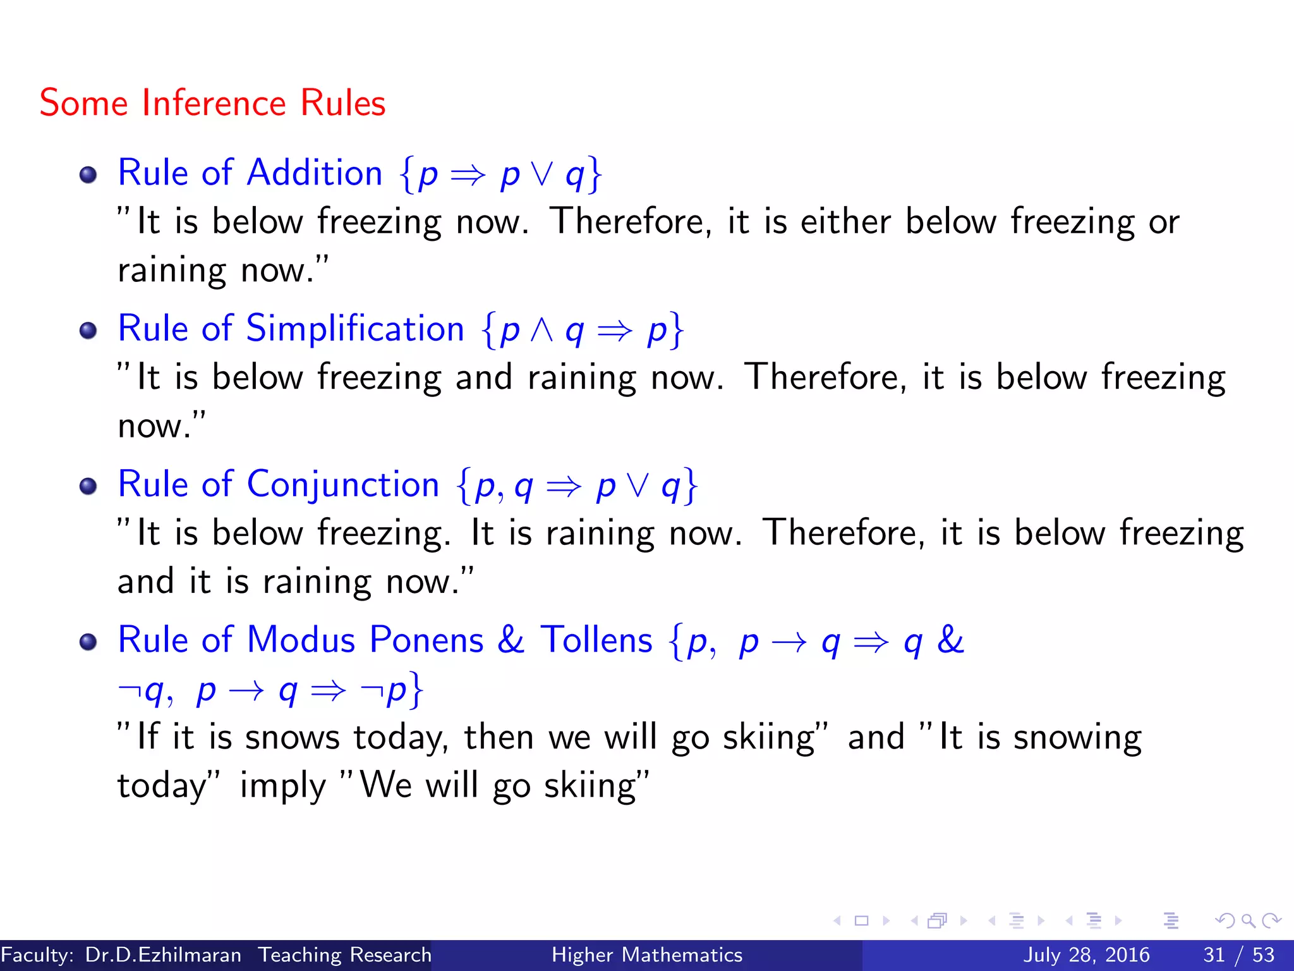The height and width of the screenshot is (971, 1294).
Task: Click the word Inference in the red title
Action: [214, 103]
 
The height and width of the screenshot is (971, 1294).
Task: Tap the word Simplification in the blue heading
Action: [354, 329]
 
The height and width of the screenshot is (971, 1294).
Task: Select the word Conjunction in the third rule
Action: [342, 484]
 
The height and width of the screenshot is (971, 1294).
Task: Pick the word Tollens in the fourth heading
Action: [596, 640]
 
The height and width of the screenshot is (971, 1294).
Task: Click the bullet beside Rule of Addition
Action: [88, 174]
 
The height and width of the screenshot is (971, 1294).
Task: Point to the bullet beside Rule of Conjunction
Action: [88, 486]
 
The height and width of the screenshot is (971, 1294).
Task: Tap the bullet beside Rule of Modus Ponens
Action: [88, 642]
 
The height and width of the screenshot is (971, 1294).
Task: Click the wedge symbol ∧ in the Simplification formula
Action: [542, 330]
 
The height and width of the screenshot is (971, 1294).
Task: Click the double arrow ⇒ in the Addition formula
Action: [468, 174]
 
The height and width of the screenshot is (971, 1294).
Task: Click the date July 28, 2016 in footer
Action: [1086, 955]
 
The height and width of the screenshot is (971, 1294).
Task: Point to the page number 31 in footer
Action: [1214, 955]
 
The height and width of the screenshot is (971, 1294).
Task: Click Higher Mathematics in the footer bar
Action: [646, 955]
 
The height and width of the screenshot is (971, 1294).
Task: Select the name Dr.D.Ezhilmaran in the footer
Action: [163, 955]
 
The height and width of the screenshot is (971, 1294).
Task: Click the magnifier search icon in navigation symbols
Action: [1248, 921]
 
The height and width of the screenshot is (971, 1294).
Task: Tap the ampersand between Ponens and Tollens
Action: [511, 640]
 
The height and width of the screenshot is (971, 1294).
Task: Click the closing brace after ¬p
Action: [416, 690]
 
